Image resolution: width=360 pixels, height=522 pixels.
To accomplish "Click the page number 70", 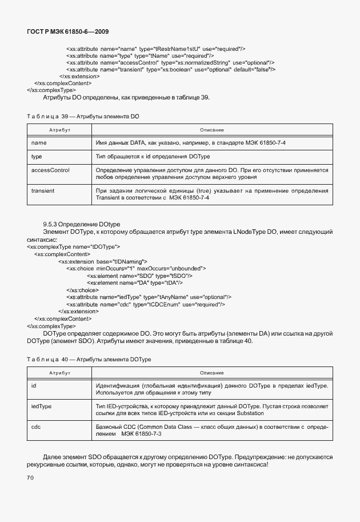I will coord(30,477).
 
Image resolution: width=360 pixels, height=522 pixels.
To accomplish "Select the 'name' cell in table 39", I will coord(39,142).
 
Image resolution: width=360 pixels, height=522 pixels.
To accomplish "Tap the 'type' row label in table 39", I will coord(37,156).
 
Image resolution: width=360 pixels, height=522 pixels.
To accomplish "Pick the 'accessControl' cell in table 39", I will coord(50,170).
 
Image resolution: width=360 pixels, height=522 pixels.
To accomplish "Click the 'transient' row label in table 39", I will coord(43,190).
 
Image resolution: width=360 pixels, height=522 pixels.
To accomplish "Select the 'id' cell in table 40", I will coord(34,386).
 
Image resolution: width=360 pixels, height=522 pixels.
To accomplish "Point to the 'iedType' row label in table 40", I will coord(41,405).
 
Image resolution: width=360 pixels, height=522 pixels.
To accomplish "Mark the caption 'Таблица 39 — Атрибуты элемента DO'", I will coord(83,117).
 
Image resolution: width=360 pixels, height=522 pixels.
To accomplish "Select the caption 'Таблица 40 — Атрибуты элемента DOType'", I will coord(89,358).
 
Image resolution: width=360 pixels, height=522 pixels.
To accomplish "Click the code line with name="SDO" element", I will coord(135,275).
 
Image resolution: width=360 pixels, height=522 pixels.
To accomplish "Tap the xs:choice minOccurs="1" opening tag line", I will coord(136,268).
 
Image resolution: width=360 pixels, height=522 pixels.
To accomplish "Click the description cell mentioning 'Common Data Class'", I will coord(210,430).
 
